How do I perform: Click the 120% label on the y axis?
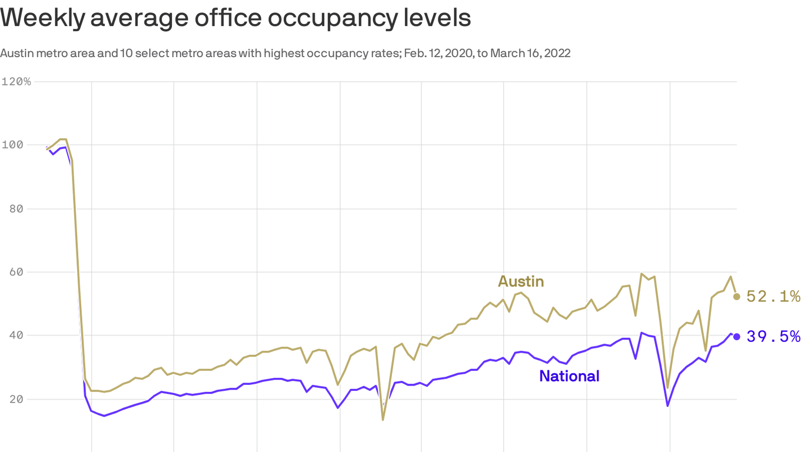point(16,81)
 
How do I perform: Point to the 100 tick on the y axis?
point(11,145)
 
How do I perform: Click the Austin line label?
point(521,281)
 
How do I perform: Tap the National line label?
point(569,376)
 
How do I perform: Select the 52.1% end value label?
point(773,297)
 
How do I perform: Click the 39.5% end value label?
point(773,337)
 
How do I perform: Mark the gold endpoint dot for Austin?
point(737,297)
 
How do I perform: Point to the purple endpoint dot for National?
point(737,337)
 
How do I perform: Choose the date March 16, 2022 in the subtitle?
point(530,54)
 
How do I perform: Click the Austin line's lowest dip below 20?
point(383,419)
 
